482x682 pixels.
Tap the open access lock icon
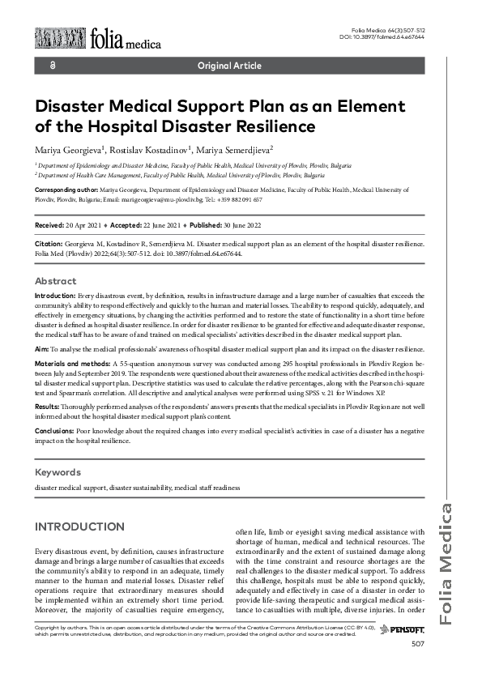click(x=53, y=66)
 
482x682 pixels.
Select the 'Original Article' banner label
click(x=229, y=66)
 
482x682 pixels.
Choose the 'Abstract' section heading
click(x=56, y=280)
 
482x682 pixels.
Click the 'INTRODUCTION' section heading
click(x=79, y=526)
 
